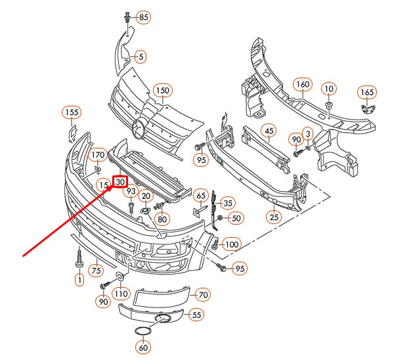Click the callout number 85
(143, 16)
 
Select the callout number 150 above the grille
(162, 90)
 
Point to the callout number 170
(98, 155)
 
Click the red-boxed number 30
(120, 181)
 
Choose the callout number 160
(301, 85)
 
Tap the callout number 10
(328, 88)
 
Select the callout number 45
(269, 131)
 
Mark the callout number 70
(202, 295)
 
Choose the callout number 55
(196, 315)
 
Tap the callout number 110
(120, 293)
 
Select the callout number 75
(96, 269)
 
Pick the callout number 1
(79, 281)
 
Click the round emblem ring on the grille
(139, 129)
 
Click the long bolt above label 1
(79, 258)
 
